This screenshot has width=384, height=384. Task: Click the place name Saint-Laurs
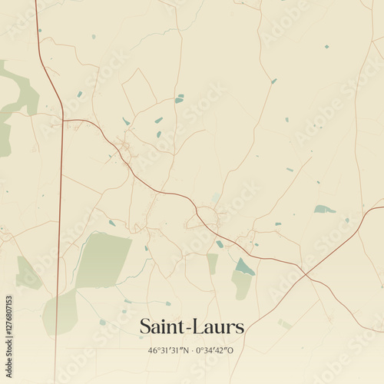click(x=192, y=326)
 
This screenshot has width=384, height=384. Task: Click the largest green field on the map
click(x=104, y=260)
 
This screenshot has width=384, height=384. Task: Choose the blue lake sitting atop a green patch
click(x=244, y=267)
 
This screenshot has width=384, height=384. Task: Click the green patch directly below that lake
click(x=242, y=286)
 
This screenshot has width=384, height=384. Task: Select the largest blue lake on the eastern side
click(x=324, y=209)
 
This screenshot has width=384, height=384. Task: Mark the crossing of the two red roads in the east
click(x=305, y=274)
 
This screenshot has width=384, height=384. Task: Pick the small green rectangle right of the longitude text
click(x=285, y=325)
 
